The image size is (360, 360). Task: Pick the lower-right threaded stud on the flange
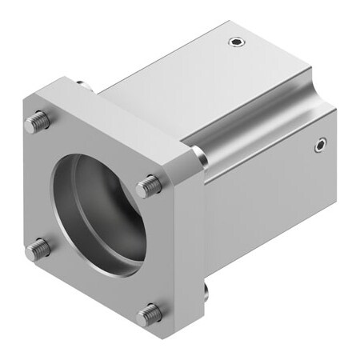point(148,314)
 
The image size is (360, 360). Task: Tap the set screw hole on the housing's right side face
point(320,145)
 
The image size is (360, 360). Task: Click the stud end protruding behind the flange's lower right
point(206,288)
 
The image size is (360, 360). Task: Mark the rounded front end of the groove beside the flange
point(201,157)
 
